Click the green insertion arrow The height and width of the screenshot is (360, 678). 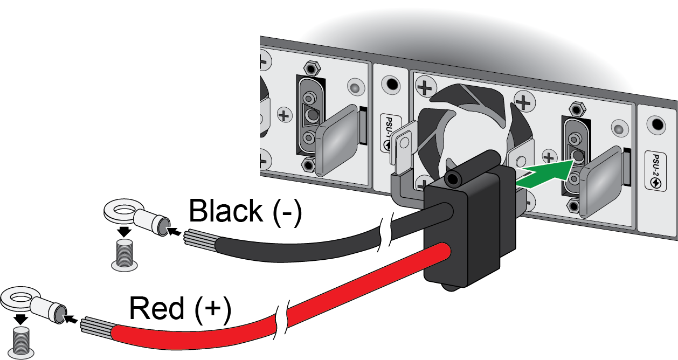[545, 175]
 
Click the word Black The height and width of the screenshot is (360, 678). [225, 211]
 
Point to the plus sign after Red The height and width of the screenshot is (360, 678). [212, 308]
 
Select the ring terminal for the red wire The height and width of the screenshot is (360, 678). [34, 304]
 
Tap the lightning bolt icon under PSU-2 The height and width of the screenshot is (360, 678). [655, 183]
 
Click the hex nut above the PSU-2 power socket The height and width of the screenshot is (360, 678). [577, 109]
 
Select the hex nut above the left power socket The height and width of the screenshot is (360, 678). [312, 68]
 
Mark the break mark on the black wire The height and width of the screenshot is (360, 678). [385, 232]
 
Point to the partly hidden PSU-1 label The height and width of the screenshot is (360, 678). [390, 133]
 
